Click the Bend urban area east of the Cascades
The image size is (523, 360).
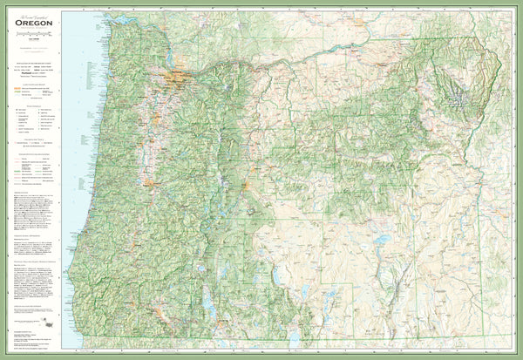[x=247, y=184]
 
